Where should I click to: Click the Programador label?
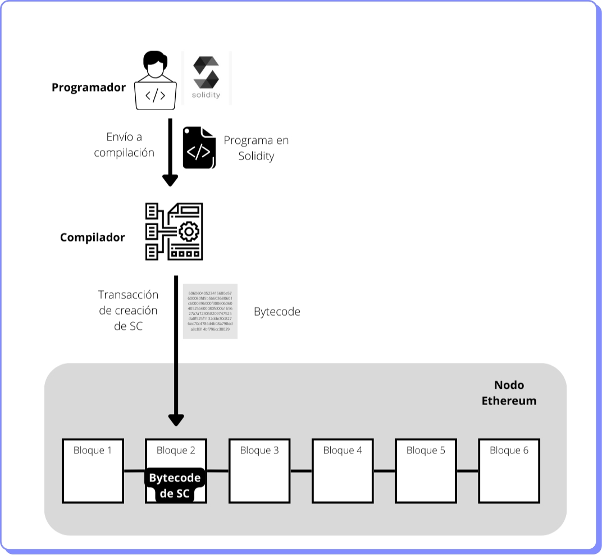coord(89,88)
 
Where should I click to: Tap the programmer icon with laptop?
coord(156,81)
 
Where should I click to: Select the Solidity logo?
coord(206,78)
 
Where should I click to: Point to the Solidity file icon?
coord(199,148)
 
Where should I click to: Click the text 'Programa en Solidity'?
coord(256,148)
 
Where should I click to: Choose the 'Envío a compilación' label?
coord(124,144)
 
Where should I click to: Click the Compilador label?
coord(92,237)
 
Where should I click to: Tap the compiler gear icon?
coord(174,231)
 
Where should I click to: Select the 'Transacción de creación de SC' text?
coord(128,310)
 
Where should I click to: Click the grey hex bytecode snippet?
coord(210,311)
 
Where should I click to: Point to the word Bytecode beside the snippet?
coord(277,311)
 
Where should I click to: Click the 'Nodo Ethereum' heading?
coord(509,393)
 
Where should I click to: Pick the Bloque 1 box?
coord(93,471)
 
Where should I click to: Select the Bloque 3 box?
coord(259,471)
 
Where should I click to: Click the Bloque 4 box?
coord(343,471)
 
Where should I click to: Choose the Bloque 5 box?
coord(426,471)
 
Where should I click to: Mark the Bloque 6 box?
coord(509,471)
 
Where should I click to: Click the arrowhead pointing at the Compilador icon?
coord(170,180)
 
